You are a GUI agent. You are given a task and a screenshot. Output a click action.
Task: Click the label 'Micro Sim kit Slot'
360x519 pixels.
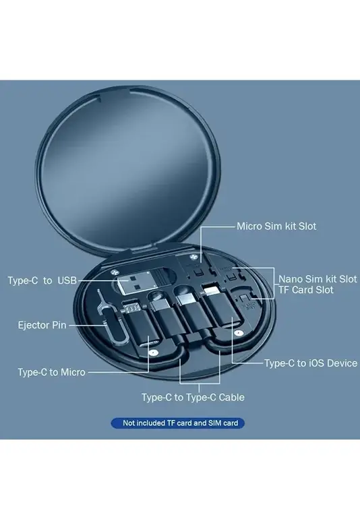[x=276, y=226]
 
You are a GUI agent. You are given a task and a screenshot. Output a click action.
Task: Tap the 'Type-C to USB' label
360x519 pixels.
[x=42, y=280]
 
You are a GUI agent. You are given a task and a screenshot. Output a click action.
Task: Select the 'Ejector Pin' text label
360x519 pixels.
[x=42, y=325]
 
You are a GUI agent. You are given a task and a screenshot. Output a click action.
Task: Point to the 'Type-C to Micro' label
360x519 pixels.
[x=52, y=372]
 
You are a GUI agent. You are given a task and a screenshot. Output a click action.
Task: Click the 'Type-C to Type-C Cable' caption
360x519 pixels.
[x=193, y=397]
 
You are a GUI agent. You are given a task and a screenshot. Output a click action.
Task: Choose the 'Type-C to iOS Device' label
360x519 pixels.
[x=311, y=363]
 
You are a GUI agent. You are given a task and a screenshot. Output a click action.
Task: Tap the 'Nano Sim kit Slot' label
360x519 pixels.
[x=318, y=278]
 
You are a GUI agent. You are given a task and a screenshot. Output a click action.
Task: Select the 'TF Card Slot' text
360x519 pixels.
[x=305, y=290]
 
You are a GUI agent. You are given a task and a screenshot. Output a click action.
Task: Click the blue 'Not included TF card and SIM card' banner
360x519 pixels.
[x=178, y=423]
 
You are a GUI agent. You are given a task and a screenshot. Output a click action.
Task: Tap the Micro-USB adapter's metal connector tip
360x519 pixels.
[x=131, y=308]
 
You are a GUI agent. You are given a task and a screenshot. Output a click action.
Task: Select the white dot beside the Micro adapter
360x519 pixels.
[x=152, y=353]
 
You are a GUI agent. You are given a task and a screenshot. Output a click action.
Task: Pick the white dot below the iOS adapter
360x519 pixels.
[x=238, y=333]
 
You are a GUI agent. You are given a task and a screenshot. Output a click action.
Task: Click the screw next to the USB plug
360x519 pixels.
[x=115, y=272]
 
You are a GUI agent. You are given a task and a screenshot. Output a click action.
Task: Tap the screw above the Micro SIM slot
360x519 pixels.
[x=192, y=257]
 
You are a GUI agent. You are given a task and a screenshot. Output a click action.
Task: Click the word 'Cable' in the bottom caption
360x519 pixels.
[x=231, y=397]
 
